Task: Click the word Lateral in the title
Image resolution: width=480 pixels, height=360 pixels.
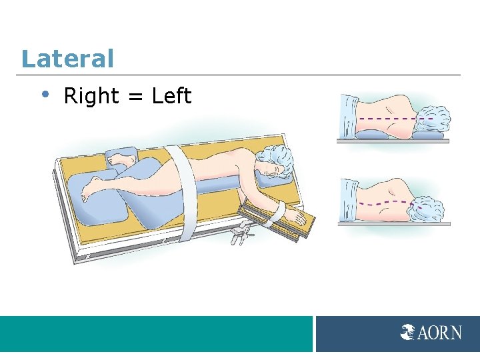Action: (67, 59)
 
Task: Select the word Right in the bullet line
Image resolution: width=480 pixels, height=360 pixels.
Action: (91, 97)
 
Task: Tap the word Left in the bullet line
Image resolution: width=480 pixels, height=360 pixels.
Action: (171, 97)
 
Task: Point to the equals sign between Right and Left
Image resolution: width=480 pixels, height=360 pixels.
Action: (135, 97)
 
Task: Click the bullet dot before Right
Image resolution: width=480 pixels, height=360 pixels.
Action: (44, 95)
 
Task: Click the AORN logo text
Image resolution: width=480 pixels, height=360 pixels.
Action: (439, 332)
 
